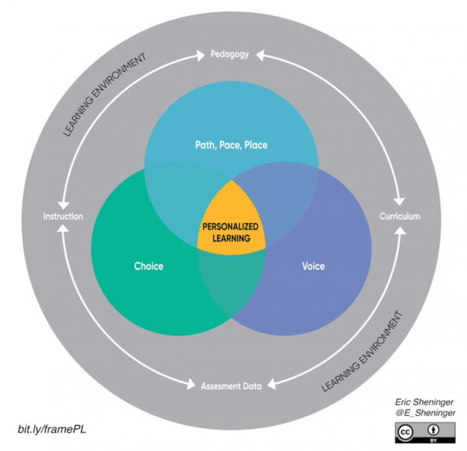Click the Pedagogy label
pyautogui.click(x=230, y=54)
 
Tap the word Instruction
pyautogui.click(x=63, y=216)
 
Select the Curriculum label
pyautogui.click(x=400, y=216)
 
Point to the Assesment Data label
pyautogui.click(x=231, y=386)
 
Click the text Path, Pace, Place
pyautogui.click(x=231, y=145)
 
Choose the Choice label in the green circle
pyautogui.click(x=149, y=266)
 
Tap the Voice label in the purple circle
pyautogui.click(x=313, y=266)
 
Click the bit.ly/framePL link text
pyautogui.click(x=52, y=429)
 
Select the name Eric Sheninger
pyautogui.click(x=424, y=402)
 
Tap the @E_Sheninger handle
pyautogui.click(x=425, y=413)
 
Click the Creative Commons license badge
pyautogui.click(x=425, y=433)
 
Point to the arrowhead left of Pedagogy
pyautogui.click(x=200, y=55)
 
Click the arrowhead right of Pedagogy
pyautogui.click(x=260, y=55)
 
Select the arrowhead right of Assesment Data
pyautogui.click(x=272, y=384)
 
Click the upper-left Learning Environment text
pyautogui.click(x=105, y=95)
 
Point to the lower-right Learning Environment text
pyautogui.click(x=362, y=351)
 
